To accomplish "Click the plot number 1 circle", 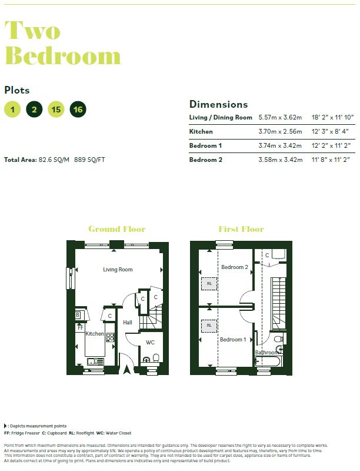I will pyautogui.click(x=12, y=109).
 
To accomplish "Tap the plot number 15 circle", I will pyautogui.click(x=56, y=109).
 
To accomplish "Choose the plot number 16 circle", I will pyautogui.click(x=78, y=109).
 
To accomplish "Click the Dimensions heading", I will pyautogui.click(x=218, y=104).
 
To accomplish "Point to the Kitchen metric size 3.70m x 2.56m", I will pyautogui.click(x=280, y=131).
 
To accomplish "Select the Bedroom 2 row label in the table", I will pyautogui.click(x=206, y=160).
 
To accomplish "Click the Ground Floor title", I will pyautogui.click(x=116, y=229).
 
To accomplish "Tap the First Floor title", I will pyautogui.click(x=241, y=229).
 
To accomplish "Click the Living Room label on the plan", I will pyautogui.click(x=118, y=270).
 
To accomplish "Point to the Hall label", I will pyautogui.click(x=128, y=323).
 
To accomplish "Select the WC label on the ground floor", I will pyautogui.click(x=150, y=342).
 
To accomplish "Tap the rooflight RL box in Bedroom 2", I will pyautogui.click(x=209, y=284).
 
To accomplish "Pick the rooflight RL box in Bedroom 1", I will pyautogui.click(x=209, y=325).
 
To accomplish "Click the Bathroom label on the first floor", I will pyautogui.click(x=266, y=353).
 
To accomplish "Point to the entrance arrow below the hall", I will pyautogui.click(x=127, y=370).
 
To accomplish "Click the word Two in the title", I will pyautogui.click(x=34, y=29).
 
